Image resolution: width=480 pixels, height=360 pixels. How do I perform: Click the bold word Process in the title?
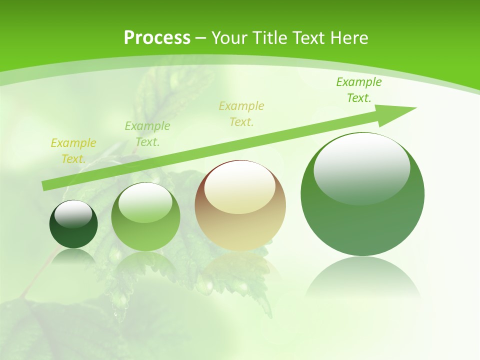coord(157,38)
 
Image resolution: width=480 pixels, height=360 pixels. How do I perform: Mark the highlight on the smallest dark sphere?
coord(73,214)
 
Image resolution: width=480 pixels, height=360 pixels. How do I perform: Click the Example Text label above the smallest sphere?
coord(73,151)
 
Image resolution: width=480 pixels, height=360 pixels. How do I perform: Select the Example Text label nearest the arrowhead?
coord(359,90)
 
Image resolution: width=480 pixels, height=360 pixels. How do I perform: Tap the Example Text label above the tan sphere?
coord(241,114)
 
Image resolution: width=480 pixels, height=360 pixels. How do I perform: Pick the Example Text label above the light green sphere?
coord(147,134)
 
